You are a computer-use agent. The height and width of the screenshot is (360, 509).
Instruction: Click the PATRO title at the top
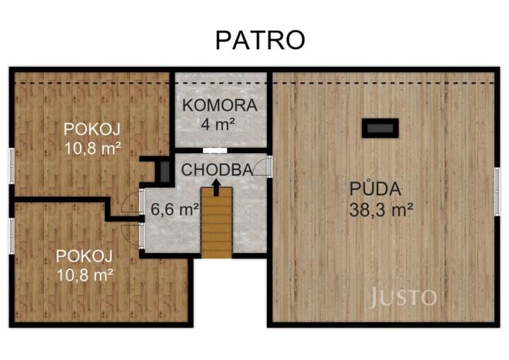click(259, 40)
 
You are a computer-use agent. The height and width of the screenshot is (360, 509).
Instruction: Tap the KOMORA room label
click(219, 105)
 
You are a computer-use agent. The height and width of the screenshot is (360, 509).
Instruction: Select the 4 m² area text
click(219, 122)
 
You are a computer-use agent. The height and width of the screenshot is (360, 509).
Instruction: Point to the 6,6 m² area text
click(175, 208)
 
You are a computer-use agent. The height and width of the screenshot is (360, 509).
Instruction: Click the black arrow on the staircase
click(216, 185)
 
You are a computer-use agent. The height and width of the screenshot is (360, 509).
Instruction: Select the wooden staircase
click(216, 222)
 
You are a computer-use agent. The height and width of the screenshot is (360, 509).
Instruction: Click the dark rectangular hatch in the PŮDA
click(381, 128)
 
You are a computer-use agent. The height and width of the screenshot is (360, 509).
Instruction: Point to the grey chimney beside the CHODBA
click(163, 171)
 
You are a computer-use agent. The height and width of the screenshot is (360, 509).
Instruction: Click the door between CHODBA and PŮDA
click(265, 167)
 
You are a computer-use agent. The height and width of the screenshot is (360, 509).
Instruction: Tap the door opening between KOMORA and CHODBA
click(215, 150)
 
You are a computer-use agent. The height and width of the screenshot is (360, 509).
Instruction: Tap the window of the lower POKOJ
click(11, 235)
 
